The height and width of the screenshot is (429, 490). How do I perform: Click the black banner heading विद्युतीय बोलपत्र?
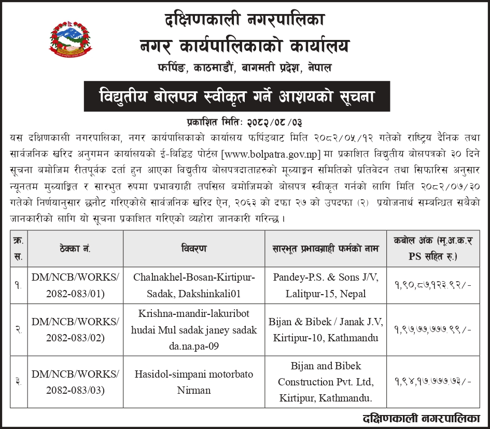236,96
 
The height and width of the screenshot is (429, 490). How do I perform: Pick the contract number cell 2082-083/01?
75,285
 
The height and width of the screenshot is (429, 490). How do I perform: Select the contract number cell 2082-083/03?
75,381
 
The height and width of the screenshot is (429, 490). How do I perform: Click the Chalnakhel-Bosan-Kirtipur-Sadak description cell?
194,285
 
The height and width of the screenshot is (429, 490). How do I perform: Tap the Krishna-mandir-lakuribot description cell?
194,330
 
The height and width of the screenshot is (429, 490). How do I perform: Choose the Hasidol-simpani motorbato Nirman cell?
194,381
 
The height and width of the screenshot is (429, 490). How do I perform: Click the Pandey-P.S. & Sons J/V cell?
325,285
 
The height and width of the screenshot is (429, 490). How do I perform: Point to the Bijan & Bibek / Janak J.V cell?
325,330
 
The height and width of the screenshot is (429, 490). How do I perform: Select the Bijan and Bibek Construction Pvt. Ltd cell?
325,382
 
